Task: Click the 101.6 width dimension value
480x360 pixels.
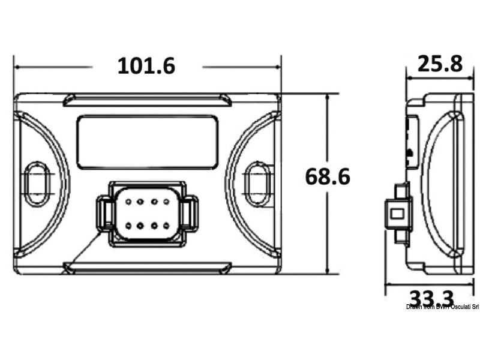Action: pos(146,66)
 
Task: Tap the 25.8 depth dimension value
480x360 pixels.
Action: pos(440,63)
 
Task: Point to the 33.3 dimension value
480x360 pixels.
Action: pos(431,297)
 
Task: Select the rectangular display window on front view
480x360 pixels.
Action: pos(148,142)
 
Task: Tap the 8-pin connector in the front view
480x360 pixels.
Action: pos(146,213)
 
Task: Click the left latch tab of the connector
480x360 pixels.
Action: pos(104,214)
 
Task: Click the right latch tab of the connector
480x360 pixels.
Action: pos(190,214)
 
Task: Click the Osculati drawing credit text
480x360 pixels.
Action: pos(442,307)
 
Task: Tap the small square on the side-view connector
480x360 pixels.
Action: pos(395,213)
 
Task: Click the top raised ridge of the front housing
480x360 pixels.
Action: pos(148,99)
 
